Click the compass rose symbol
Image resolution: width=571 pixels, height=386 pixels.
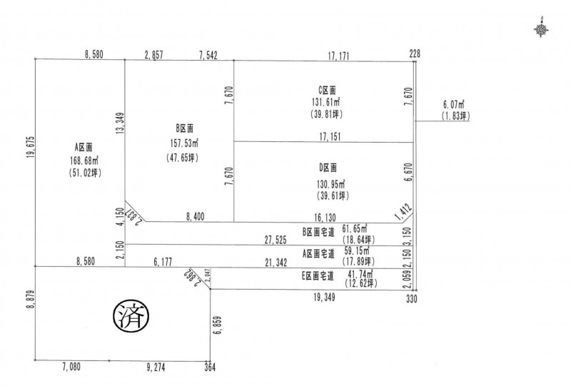[x=542, y=29]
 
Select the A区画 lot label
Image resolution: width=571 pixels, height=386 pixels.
[x=84, y=147]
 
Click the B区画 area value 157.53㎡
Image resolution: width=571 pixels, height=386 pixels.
[x=184, y=143]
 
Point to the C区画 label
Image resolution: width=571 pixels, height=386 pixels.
[x=327, y=90]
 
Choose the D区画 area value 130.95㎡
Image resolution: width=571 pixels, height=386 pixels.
[x=331, y=183]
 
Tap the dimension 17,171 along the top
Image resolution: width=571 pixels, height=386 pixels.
[x=338, y=56]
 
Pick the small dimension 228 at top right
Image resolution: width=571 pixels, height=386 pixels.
[x=415, y=54]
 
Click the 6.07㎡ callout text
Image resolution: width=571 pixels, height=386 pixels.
[x=453, y=104]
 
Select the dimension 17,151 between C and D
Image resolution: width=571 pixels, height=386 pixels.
[x=330, y=137]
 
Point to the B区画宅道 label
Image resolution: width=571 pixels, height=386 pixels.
[x=318, y=233]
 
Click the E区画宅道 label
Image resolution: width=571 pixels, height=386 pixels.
[x=318, y=276]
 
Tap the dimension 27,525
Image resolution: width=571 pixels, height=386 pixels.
[x=276, y=240]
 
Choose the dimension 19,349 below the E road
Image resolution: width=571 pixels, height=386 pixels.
[x=324, y=298]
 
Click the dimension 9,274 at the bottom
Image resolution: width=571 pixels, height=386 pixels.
[x=156, y=367]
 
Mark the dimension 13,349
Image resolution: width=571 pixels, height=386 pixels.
[x=121, y=124]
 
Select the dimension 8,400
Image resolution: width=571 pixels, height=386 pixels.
[x=195, y=217]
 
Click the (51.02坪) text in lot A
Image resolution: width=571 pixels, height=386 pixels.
[x=85, y=173]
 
